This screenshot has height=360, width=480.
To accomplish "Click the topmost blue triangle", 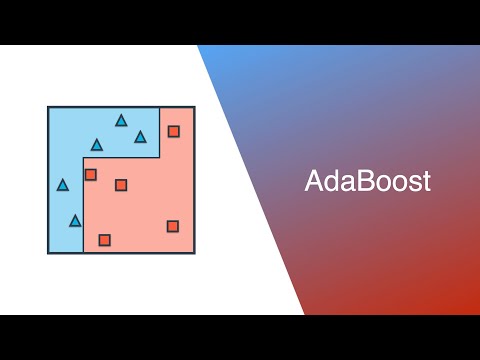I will click(x=121, y=121).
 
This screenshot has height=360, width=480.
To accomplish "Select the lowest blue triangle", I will click(x=75, y=220).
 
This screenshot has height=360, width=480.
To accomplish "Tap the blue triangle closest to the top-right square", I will click(x=140, y=137).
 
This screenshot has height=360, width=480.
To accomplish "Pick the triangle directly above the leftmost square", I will click(x=97, y=145).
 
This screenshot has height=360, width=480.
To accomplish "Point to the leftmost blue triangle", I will click(x=63, y=185).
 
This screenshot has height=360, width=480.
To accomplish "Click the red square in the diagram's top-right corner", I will click(x=173, y=131).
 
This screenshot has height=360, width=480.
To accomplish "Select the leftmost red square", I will click(x=90, y=174).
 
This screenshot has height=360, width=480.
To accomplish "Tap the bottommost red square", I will click(x=104, y=240).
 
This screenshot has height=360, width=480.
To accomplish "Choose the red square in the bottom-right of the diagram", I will click(x=173, y=226).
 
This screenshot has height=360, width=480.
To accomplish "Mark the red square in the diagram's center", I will click(x=121, y=184).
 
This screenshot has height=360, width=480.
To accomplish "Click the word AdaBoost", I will click(x=367, y=182).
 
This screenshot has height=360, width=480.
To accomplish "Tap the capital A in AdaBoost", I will click(x=313, y=182).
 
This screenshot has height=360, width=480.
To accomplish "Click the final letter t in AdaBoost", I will click(x=424, y=183).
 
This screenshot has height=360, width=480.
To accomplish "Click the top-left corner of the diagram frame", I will click(x=48, y=107).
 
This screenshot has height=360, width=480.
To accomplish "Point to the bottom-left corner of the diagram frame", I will click(x=48, y=252).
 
